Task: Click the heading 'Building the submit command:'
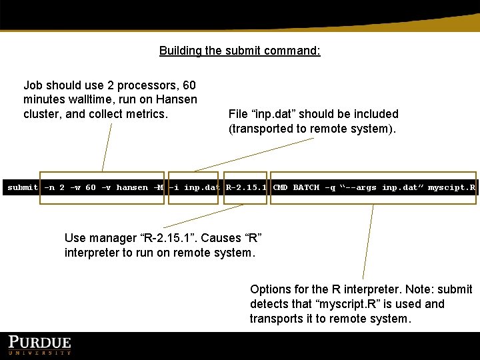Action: tap(239, 51)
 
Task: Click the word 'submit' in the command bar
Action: tap(23, 187)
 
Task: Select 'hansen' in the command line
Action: tap(132, 187)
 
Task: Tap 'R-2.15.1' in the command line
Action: tap(246, 187)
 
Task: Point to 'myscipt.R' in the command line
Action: tap(451, 187)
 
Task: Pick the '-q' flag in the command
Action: tap(330, 187)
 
